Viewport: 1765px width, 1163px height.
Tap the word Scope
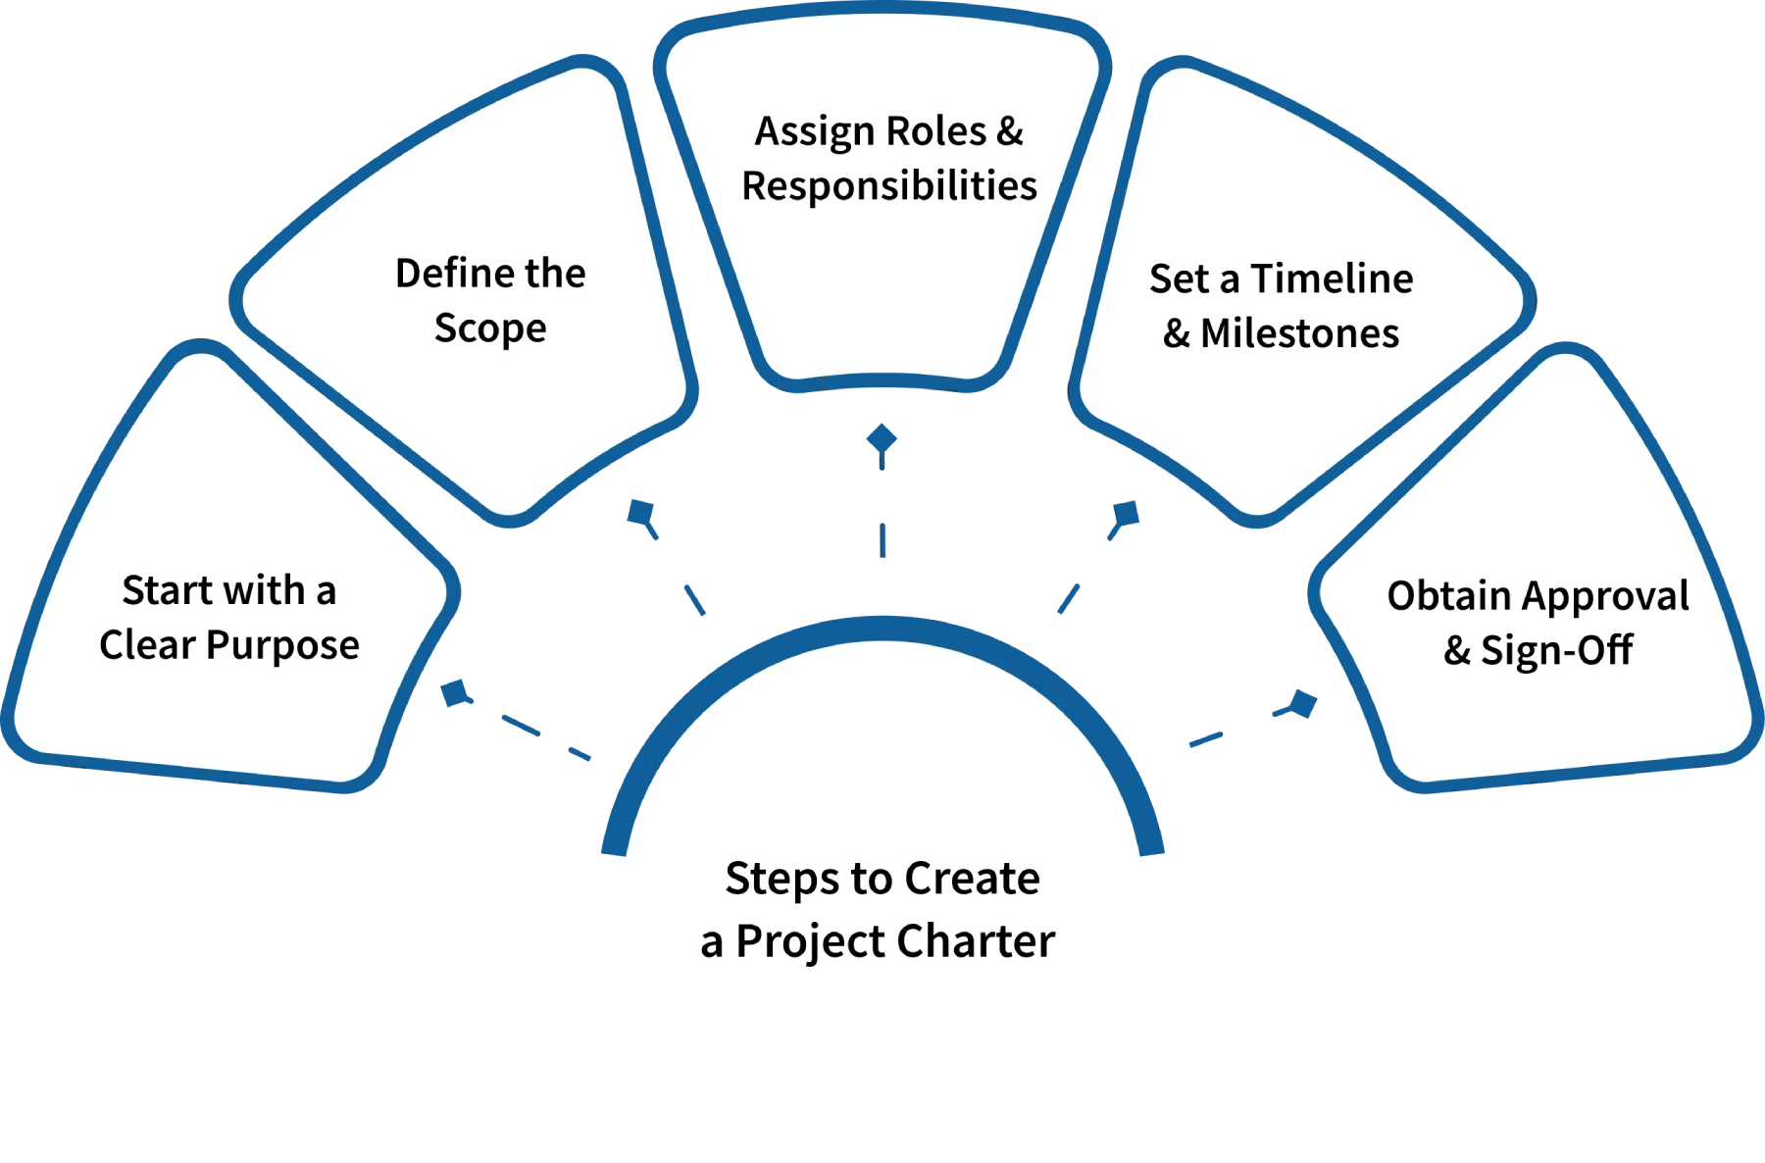[x=490, y=329]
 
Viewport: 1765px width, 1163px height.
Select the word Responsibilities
[x=888, y=186]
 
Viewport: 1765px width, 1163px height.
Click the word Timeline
[x=1332, y=279]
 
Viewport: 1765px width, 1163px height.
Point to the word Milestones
[x=1299, y=334]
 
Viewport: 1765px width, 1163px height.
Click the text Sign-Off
[x=1556, y=650]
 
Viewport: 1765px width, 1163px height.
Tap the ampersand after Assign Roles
[x=1010, y=131]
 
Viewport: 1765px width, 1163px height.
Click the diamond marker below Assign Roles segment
[x=882, y=440]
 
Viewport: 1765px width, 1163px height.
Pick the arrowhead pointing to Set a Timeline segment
[x=1128, y=513]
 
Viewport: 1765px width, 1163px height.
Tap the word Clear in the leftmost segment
[x=147, y=646]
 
